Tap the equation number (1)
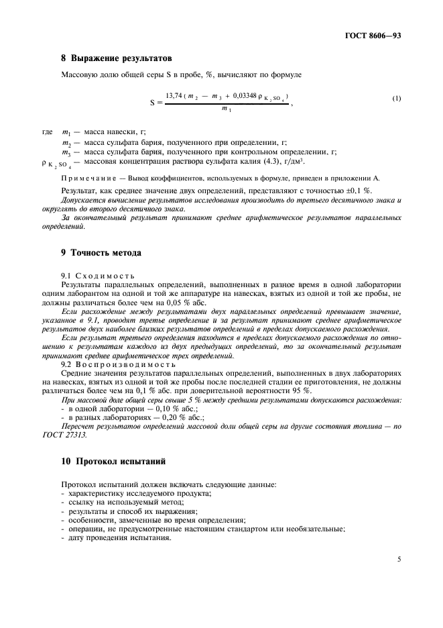397,100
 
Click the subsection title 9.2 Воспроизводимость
107,363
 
